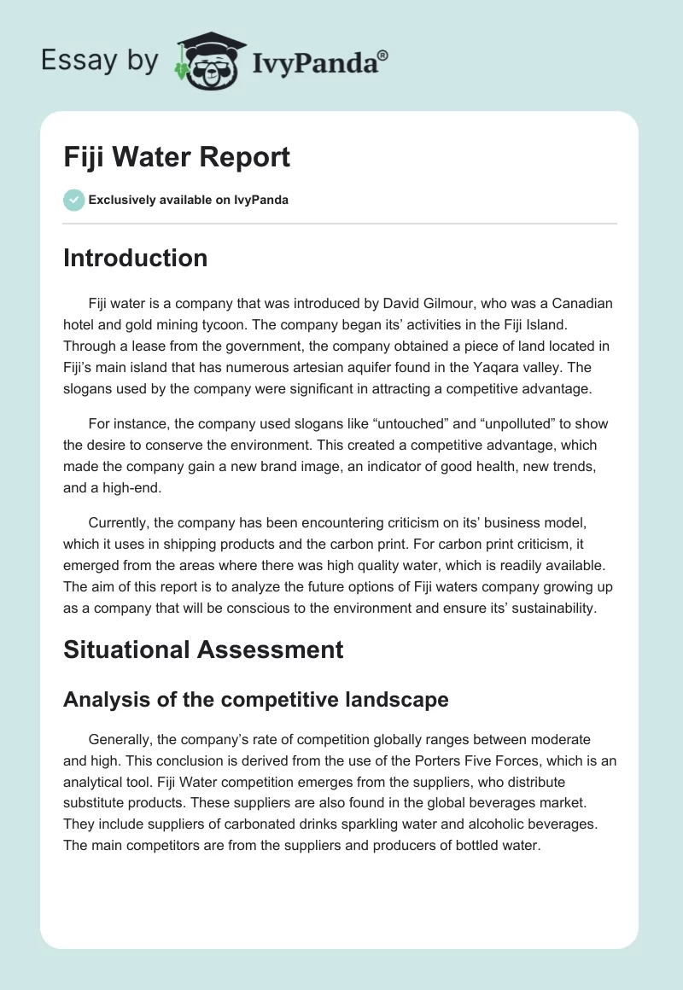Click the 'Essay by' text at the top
click(x=99, y=61)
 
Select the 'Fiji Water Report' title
click(x=177, y=157)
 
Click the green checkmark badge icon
click(x=73, y=200)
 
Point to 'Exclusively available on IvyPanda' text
click(x=188, y=201)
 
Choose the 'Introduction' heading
click(x=135, y=258)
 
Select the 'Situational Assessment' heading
click(x=203, y=649)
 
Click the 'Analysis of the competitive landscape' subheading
click(x=256, y=700)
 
